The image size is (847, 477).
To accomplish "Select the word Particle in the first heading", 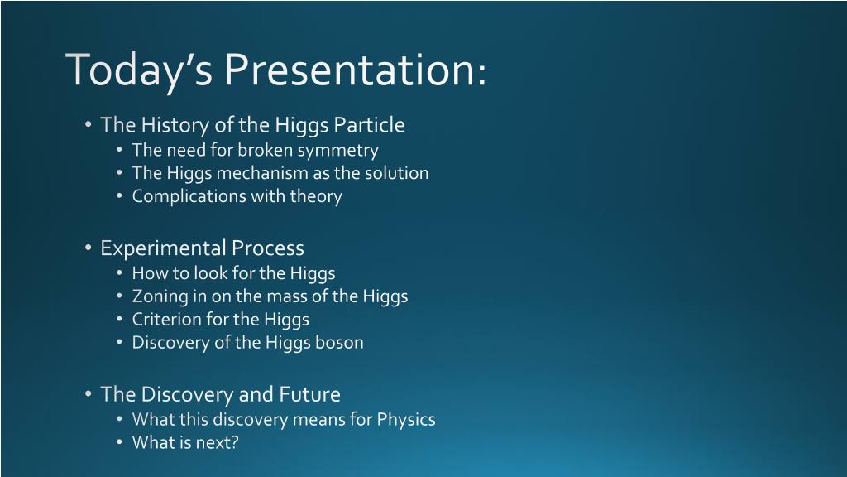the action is (369, 125).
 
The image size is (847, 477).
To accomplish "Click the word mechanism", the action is (261, 173).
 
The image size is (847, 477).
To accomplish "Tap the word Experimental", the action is (164, 248).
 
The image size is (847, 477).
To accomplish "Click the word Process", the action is (267, 248).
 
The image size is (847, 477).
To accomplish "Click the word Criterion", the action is (166, 319).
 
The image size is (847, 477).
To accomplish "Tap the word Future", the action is (309, 394).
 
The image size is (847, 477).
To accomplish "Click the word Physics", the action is (406, 420).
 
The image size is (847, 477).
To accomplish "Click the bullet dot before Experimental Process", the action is (88, 248).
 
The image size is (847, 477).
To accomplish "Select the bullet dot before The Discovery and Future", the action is (88, 393).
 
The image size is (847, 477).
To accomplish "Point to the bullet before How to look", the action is (119, 272).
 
